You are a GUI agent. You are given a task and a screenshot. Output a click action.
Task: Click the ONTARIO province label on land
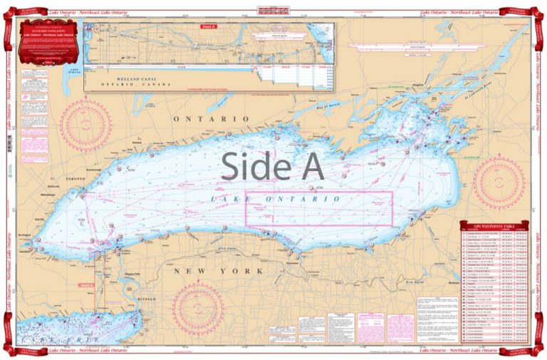pos(211,118)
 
